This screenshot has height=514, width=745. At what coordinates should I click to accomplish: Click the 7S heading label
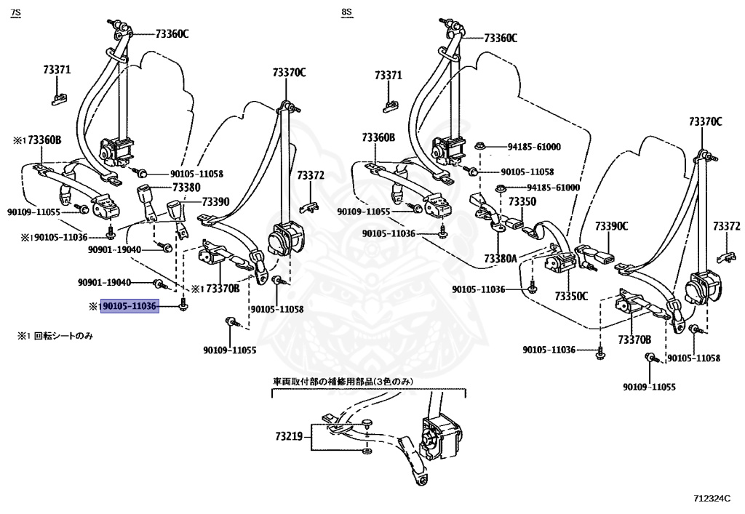[x=16, y=12]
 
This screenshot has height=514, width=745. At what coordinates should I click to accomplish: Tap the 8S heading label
[x=347, y=12]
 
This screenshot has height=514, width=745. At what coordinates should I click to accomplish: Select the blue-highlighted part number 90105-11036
[x=130, y=307]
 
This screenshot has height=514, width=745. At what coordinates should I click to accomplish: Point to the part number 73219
[x=289, y=435]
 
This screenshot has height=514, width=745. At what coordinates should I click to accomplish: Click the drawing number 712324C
[x=712, y=498]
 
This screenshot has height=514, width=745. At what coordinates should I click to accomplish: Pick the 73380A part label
[x=501, y=258]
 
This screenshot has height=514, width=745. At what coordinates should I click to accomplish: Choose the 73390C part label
[x=611, y=226]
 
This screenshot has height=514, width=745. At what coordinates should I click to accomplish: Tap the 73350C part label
[x=571, y=296]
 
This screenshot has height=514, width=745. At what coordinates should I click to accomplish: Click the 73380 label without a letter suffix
[x=186, y=188]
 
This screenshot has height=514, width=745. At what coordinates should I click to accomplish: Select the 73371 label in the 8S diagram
[x=389, y=75]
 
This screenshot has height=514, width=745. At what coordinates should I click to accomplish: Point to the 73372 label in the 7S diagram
[x=311, y=176]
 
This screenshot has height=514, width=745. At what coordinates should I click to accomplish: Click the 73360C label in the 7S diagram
[x=172, y=33]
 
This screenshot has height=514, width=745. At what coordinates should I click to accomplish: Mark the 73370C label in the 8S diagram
[x=706, y=121]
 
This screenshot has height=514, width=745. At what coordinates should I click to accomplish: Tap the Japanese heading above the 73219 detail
[x=343, y=381]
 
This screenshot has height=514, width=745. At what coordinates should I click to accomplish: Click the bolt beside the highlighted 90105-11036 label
[x=183, y=307]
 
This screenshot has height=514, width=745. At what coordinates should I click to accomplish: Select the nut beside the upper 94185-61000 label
[x=479, y=145]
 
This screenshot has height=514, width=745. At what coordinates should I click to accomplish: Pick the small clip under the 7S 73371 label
[x=59, y=99]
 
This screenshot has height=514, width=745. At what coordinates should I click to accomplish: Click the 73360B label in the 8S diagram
[x=378, y=137]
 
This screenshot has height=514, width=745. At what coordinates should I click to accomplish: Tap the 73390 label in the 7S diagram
[x=215, y=201]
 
